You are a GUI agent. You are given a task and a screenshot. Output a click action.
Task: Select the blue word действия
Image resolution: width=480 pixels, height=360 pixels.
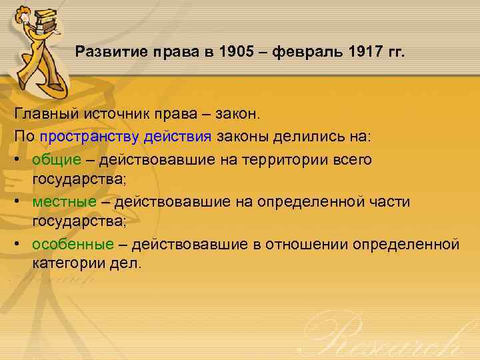point(177,137)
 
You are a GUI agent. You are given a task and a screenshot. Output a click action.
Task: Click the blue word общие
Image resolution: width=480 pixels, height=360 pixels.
point(55,160)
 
